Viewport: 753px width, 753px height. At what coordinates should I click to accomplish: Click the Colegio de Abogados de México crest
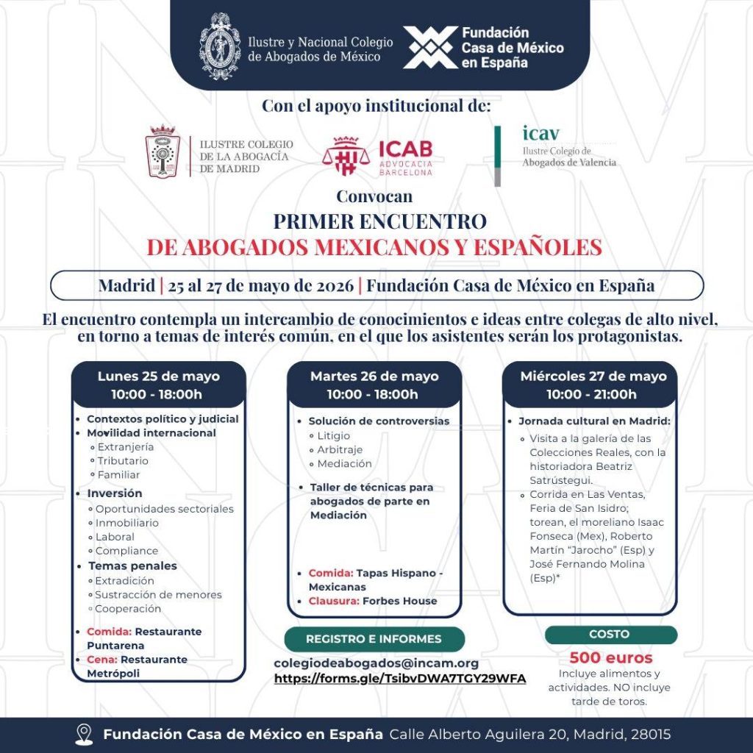221,46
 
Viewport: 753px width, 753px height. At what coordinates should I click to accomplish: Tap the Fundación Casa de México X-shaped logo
430,47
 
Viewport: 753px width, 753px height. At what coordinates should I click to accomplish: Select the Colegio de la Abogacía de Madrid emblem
163,151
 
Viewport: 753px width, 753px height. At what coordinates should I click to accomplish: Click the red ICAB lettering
406,149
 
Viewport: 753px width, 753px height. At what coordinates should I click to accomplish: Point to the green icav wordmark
540,133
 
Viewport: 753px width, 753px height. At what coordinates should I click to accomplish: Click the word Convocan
374,196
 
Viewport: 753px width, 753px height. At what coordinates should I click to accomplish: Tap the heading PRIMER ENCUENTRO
379,221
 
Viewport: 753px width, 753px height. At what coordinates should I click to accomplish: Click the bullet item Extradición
126,581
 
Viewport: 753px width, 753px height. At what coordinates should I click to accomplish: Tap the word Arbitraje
340,449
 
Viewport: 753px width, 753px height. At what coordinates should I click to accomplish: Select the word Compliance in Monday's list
126,550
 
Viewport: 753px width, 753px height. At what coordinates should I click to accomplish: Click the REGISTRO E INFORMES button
374,639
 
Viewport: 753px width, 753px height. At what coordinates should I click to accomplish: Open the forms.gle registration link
400,679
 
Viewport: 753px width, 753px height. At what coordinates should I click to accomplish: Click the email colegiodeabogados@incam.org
376,663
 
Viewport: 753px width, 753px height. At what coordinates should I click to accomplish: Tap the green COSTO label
610,634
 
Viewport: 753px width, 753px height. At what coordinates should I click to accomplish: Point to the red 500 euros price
610,657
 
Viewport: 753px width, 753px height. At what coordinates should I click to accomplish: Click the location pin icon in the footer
84,734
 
